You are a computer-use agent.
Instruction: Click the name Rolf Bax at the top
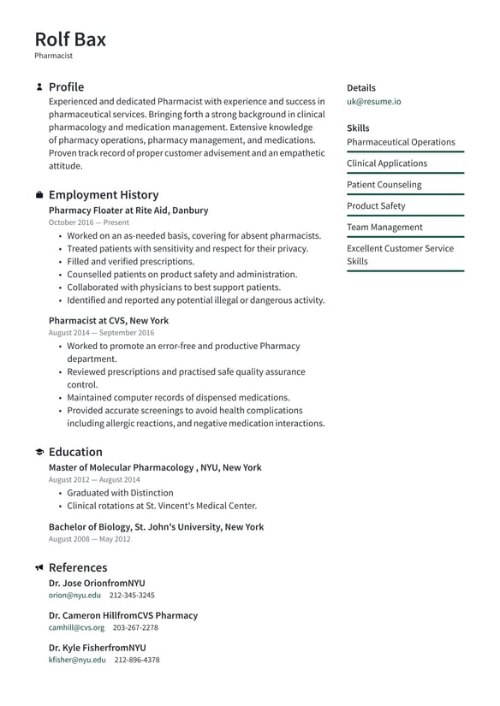coord(70,39)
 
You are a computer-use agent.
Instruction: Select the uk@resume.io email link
coord(373,101)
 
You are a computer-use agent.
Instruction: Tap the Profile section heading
coord(66,86)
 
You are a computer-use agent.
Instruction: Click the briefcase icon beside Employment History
coord(39,195)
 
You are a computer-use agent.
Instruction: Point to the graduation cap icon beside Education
coord(39,452)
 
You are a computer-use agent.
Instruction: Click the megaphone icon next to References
coord(39,567)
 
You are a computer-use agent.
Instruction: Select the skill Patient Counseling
coord(384,184)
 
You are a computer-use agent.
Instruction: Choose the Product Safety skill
coord(376,205)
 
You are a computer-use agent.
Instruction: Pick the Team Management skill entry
coord(384,227)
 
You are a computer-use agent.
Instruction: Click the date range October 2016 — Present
coord(89,222)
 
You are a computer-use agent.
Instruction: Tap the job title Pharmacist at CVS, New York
coord(109,321)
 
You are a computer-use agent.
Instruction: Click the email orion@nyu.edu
coord(74,595)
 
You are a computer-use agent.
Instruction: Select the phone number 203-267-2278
coord(135,627)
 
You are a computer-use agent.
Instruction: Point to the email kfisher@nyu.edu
coord(77,660)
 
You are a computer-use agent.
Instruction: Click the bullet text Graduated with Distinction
coord(120,493)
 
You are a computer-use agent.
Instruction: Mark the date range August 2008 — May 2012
coord(89,540)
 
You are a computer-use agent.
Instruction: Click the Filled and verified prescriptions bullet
coord(130,261)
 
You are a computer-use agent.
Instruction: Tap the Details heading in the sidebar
coord(360,87)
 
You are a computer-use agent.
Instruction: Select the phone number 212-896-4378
coord(137,660)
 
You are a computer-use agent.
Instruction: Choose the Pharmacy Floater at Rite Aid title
coord(128,210)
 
